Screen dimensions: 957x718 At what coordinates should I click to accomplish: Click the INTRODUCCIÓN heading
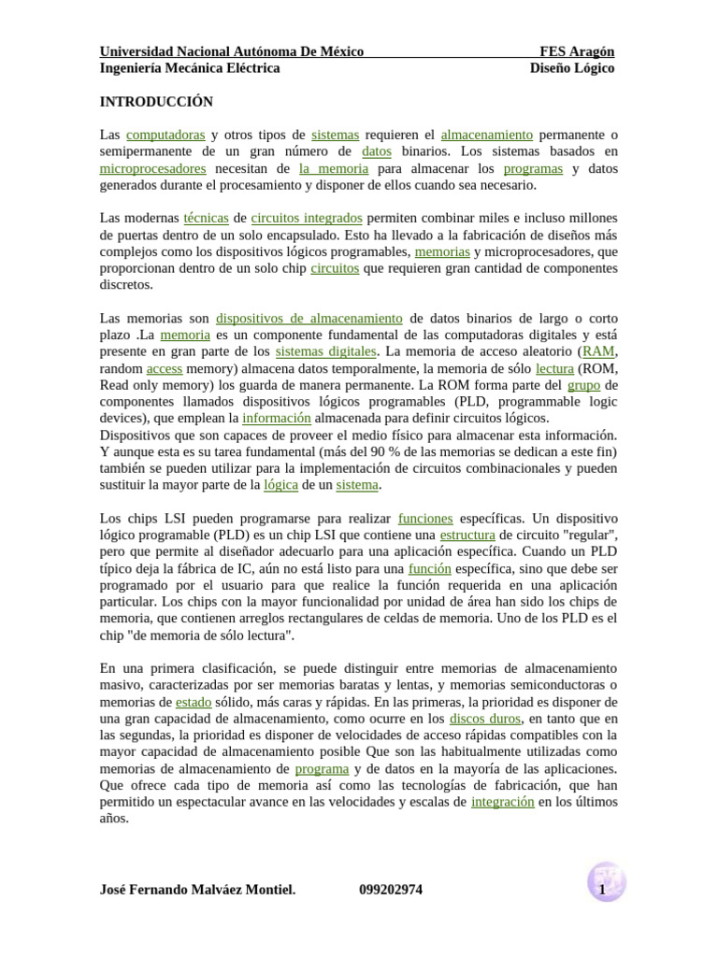click(x=156, y=102)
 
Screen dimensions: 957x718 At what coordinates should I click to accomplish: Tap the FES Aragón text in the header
click(x=577, y=51)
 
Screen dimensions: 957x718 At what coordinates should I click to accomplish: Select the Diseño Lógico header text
click(x=572, y=68)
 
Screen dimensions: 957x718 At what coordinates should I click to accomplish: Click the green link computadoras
click(x=165, y=136)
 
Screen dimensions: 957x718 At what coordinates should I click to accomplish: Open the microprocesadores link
click(x=152, y=169)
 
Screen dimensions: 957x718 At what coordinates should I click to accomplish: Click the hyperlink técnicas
click(x=206, y=218)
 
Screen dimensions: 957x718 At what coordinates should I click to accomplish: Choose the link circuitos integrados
click(x=307, y=218)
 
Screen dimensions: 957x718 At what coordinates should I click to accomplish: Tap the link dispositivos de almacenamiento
click(x=309, y=319)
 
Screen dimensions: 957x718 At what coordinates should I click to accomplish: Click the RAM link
click(x=598, y=352)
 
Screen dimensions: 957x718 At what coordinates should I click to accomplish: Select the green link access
click(x=165, y=369)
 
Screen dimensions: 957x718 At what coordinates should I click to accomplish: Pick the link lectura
click(x=554, y=369)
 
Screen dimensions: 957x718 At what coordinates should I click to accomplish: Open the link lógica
click(x=280, y=485)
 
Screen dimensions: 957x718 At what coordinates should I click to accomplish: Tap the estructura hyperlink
click(x=467, y=536)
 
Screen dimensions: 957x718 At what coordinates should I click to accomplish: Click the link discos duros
click(x=484, y=719)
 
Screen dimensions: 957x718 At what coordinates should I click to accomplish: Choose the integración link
click(x=503, y=802)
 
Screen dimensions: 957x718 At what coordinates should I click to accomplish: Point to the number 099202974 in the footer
click(x=391, y=890)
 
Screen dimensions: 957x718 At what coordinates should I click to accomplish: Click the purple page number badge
click(x=605, y=883)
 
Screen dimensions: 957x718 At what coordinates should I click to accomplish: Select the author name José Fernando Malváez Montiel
click(x=197, y=890)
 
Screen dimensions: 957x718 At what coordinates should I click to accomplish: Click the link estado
click(x=194, y=702)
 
